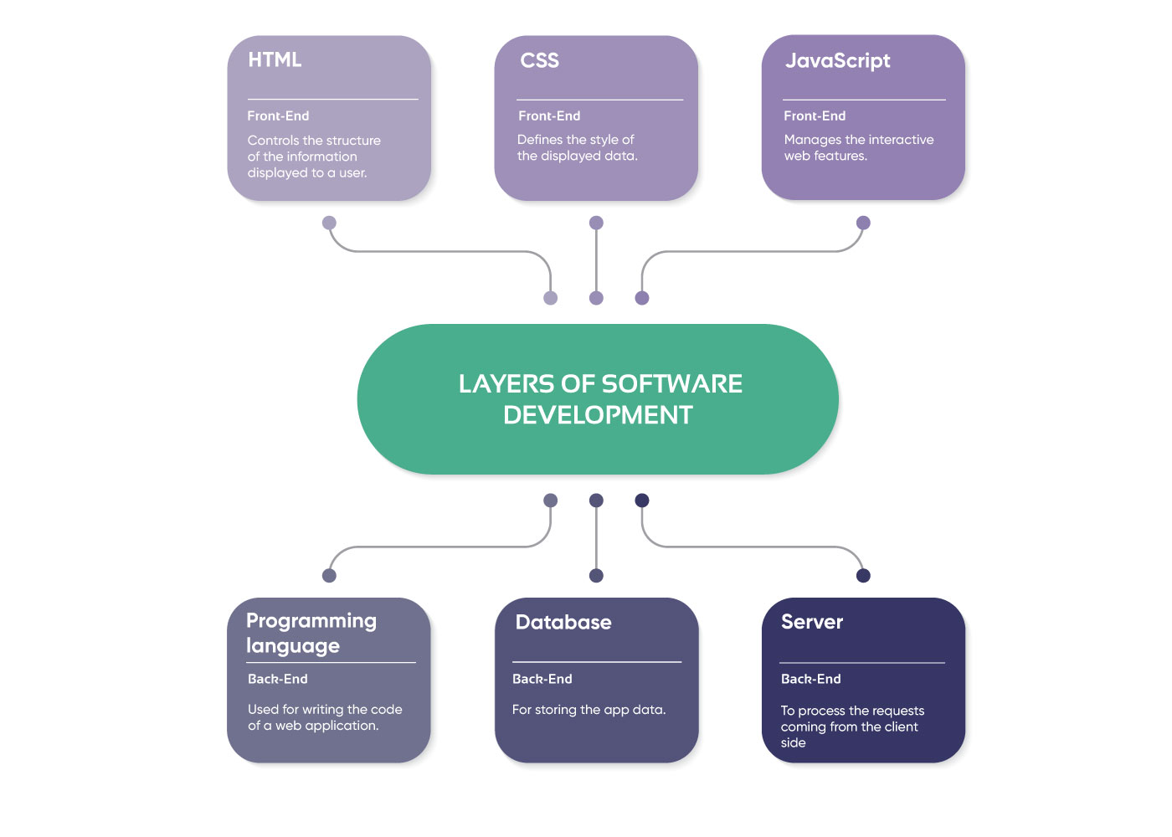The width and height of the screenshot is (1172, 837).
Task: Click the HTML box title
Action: click(x=275, y=60)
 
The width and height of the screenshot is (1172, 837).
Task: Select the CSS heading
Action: click(x=539, y=60)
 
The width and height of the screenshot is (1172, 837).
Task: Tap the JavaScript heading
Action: click(x=837, y=61)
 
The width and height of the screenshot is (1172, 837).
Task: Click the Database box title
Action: click(x=563, y=622)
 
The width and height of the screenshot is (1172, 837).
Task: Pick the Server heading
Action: click(x=811, y=622)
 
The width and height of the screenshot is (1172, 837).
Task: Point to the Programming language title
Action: click(x=311, y=633)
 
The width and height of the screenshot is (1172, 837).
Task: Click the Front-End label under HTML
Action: click(x=278, y=116)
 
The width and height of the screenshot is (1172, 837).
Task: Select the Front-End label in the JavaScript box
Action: click(x=815, y=116)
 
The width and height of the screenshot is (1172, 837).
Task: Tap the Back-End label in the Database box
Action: click(x=542, y=679)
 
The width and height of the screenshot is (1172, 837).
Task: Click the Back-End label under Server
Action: click(x=810, y=679)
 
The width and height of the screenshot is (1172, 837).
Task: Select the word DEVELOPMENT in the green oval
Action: click(x=598, y=415)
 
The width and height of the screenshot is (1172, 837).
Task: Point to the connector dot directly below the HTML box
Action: click(x=329, y=223)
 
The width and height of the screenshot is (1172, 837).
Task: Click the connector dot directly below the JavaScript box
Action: click(x=863, y=223)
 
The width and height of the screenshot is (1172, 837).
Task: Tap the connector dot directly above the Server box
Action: click(x=863, y=575)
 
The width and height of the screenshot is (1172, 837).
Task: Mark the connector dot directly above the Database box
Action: click(x=596, y=575)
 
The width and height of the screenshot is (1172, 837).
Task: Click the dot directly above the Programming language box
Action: click(x=329, y=575)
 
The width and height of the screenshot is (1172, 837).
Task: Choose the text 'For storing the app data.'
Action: click(x=589, y=710)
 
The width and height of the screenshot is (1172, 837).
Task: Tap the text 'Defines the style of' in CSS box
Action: click(x=575, y=140)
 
